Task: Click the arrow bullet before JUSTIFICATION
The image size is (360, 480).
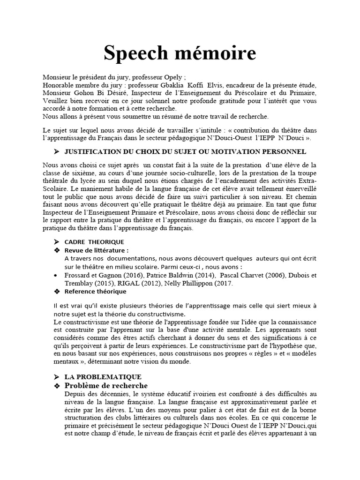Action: [56, 151]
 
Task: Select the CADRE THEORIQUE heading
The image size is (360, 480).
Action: [94, 242]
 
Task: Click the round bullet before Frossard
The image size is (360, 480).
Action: [56, 275]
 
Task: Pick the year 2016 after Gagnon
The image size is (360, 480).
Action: [133, 275]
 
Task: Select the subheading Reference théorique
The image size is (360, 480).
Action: [95, 292]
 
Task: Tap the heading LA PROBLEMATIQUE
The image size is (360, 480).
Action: [103, 377]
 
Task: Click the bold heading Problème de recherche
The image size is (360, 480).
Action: [106, 385]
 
